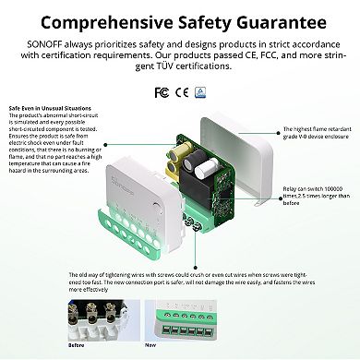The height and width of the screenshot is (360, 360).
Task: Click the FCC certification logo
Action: tap(161, 92)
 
